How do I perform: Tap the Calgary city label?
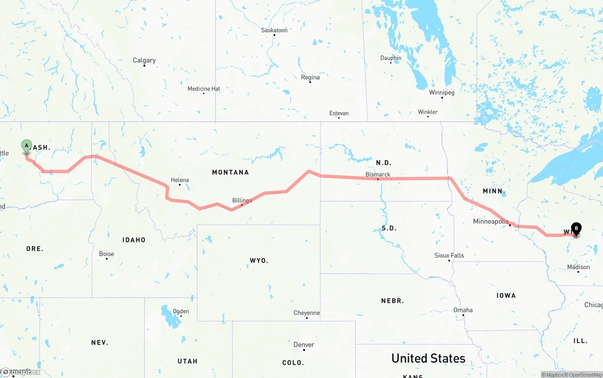click(x=144, y=60)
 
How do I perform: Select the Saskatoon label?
click(x=274, y=30)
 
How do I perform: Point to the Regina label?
click(x=310, y=77)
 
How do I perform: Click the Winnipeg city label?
click(x=441, y=92)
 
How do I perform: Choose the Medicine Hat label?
click(x=204, y=88)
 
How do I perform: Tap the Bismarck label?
click(x=378, y=174)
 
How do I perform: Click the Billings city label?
click(x=242, y=200)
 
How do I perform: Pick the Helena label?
click(x=179, y=180)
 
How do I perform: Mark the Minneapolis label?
click(x=491, y=221)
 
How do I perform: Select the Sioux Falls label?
click(x=449, y=256)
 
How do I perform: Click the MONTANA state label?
click(x=230, y=172)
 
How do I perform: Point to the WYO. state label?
click(x=259, y=260)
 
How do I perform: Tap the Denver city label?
click(x=304, y=345)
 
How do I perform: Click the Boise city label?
click(x=106, y=254)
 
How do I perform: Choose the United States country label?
click(x=428, y=358)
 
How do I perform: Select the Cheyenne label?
click(x=307, y=313)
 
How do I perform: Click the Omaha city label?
click(x=463, y=310)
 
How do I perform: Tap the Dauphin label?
click(x=391, y=58)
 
